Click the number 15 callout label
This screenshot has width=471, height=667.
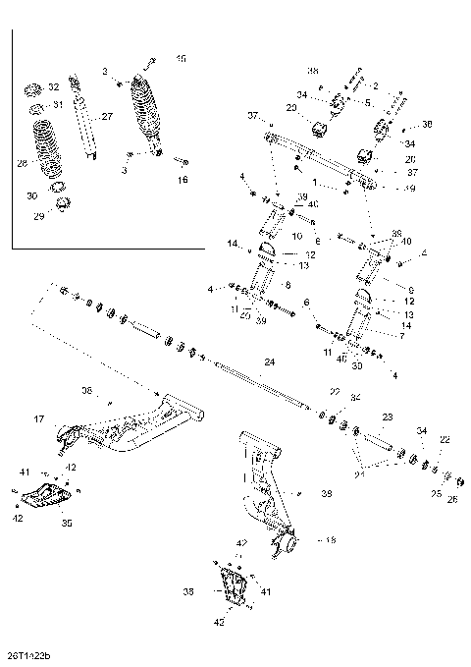point(180,59)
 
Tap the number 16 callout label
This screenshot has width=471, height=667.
point(182,181)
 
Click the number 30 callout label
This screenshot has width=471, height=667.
point(31,195)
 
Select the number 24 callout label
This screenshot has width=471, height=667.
point(270,362)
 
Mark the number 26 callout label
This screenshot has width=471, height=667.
point(451,498)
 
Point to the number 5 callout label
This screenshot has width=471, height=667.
point(368,101)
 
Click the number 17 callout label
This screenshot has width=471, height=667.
point(40,418)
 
